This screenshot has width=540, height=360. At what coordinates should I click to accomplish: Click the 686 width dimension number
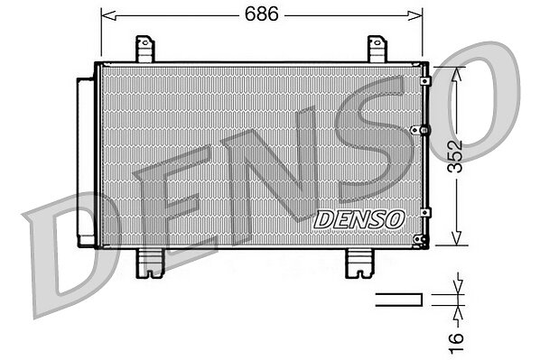(x=261, y=14)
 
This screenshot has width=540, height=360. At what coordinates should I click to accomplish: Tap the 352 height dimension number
(x=455, y=156)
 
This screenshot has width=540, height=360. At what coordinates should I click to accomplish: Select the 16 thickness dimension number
(x=456, y=342)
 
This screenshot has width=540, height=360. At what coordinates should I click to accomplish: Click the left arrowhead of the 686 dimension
(x=108, y=15)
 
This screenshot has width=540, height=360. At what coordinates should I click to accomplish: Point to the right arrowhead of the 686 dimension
(x=415, y=15)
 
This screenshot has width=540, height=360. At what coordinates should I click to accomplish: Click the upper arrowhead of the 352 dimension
(x=456, y=75)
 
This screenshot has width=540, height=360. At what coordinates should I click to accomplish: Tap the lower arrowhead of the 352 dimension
(x=456, y=237)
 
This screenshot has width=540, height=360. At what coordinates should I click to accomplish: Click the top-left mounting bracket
(x=144, y=50)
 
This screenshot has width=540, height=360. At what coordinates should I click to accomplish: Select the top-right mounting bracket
(x=377, y=50)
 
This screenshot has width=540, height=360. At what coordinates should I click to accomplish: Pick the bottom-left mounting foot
(x=150, y=263)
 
